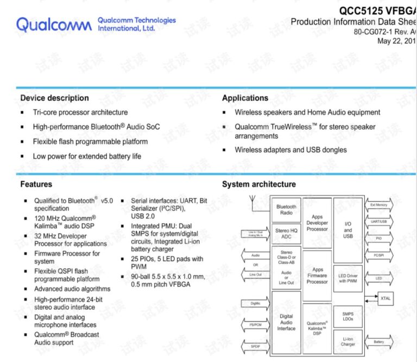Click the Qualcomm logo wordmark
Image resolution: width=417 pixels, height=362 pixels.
pos(54,24)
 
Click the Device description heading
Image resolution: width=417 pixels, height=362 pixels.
pos(54,98)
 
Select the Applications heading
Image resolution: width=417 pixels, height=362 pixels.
pos(245,98)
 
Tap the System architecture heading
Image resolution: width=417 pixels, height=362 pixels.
pos(258,185)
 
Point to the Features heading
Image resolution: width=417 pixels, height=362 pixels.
pos(36,185)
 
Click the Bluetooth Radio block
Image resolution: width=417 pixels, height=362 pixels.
pos(286,209)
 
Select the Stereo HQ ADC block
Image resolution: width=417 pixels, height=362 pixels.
pos(286,234)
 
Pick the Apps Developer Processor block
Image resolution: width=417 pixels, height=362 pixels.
pos(317,223)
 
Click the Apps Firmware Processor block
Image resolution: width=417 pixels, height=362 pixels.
pos(317,275)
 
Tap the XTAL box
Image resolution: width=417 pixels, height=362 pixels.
pos(386,298)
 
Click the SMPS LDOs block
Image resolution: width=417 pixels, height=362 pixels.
pos(347,316)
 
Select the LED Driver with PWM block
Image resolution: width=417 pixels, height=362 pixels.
pos(347,278)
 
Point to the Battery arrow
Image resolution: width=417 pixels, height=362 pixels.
pos(378,342)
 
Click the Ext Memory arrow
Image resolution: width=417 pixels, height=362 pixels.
pos(378,205)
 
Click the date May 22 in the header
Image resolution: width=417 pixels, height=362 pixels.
pos(396,41)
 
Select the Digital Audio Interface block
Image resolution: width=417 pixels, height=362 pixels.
pos(286,322)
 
